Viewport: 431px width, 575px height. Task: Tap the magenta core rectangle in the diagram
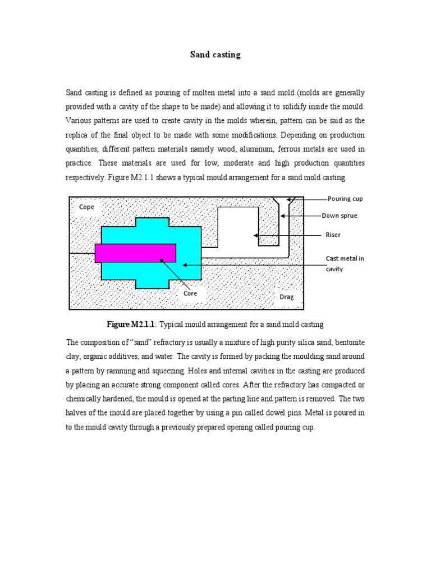(x=135, y=253)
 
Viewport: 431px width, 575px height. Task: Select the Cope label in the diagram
(x=86, y=207)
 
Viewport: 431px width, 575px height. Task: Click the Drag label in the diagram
(x=287, y=296)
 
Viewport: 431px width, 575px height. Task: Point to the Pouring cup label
(x=346, y=199)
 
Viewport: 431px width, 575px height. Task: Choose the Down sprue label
(x=339, y=215)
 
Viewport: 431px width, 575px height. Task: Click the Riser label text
(x=333, y=235)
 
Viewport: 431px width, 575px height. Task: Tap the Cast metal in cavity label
(x=345, y=263)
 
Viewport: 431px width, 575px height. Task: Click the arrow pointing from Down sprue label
(x=303, y=215)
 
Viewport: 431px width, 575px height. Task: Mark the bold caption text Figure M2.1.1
(x=130, y=325)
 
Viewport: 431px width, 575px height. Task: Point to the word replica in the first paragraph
(x=80, y=135)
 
